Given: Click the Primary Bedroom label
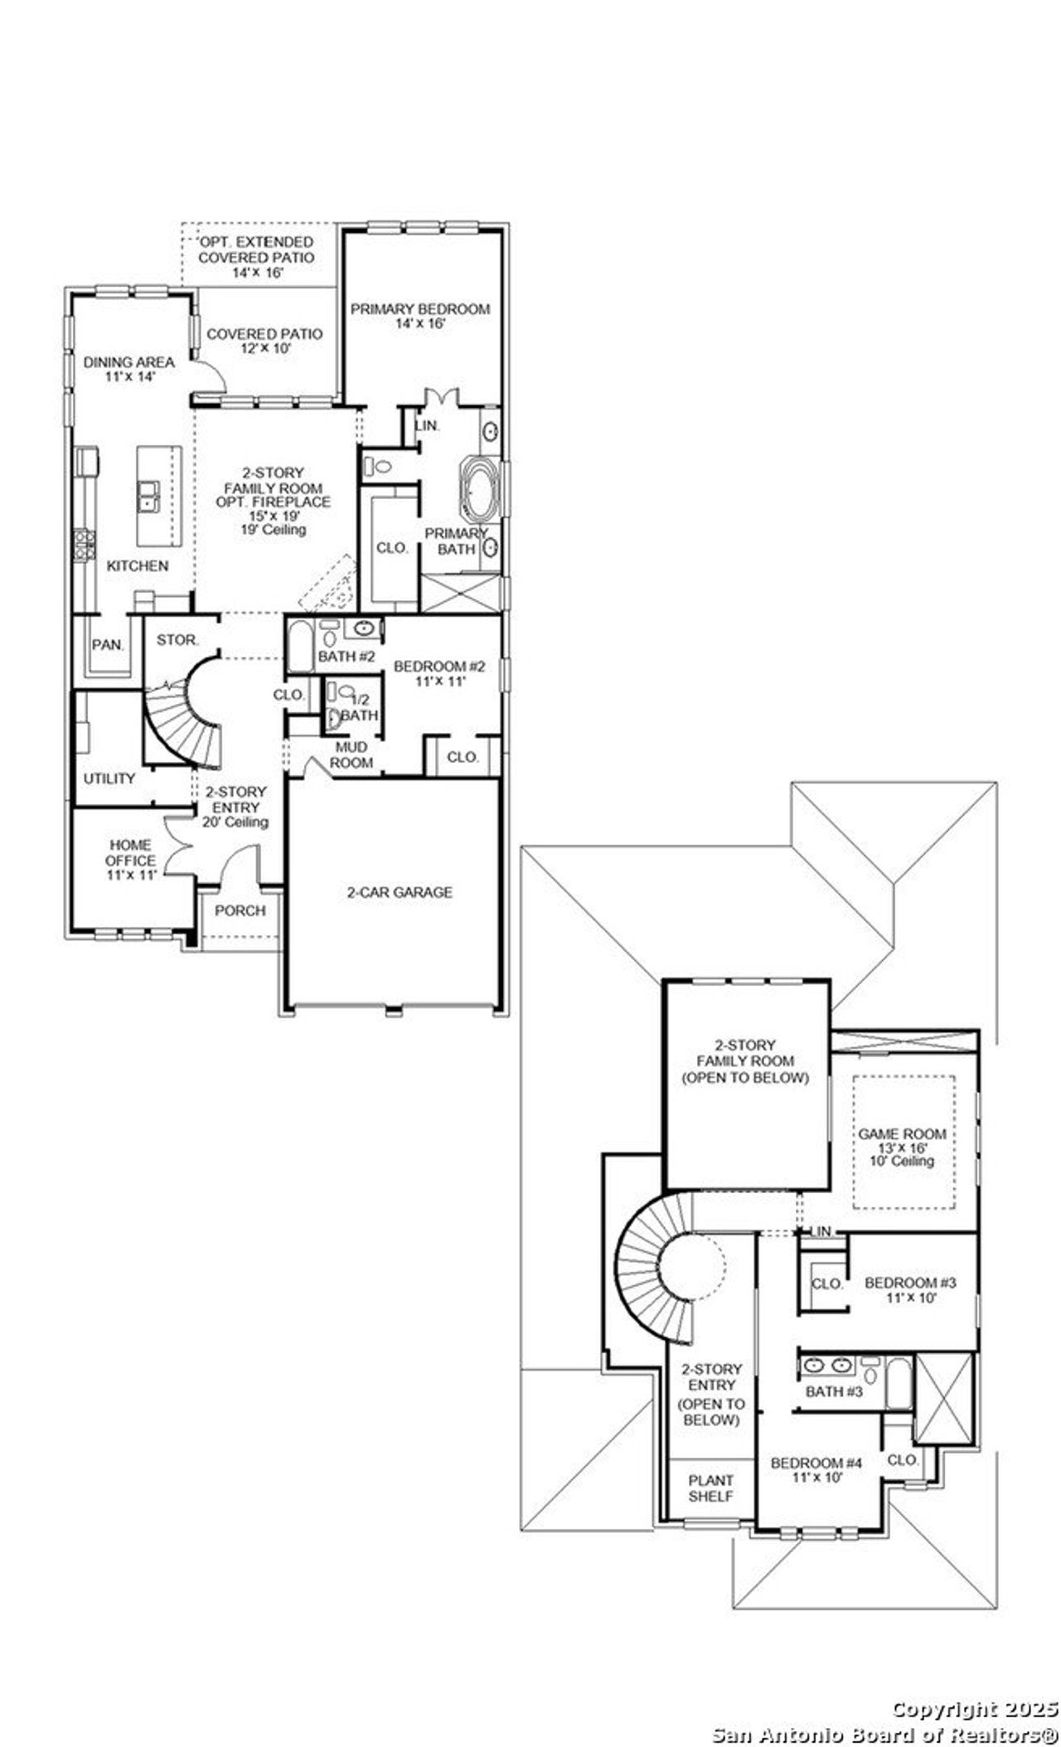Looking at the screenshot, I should pos(420,316).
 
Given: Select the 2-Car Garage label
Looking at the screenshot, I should pos(400,892).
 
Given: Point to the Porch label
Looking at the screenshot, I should pos(240,910).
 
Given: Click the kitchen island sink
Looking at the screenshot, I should pos(150,496).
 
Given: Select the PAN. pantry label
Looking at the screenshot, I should pos(107,644).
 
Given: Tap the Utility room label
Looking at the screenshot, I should pos(109,779).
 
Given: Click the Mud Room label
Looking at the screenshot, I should pos(351,755).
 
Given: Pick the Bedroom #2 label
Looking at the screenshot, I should pos(438,673).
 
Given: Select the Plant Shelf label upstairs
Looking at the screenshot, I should pos(710,1488).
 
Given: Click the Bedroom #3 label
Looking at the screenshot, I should pos(910,1289).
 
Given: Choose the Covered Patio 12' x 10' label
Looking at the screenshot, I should pos(264,341).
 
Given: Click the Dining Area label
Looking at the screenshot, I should pos(129,369).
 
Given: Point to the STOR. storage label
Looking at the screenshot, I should pos(177,640).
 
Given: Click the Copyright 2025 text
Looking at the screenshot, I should pos(975,1708).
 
